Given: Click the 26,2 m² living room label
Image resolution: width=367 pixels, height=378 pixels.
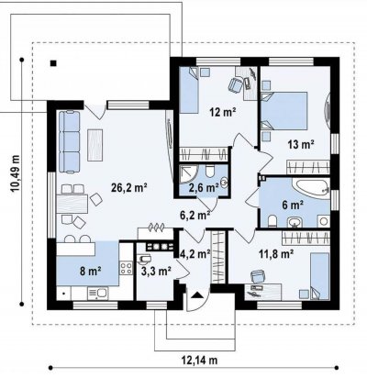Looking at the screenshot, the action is pyautogui.click(x=129, y=187).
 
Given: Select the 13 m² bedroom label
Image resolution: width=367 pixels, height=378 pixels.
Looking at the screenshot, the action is pyautogui.click(x=301, y=144).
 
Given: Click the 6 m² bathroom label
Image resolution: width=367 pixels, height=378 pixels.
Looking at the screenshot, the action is pyautogui.click(x=293, y=205).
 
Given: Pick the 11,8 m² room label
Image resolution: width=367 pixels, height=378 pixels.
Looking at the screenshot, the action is pyautogui.click(x=276, y=253).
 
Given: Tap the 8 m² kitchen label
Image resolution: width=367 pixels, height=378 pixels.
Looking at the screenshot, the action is pyautogui.click(x=91, y=271).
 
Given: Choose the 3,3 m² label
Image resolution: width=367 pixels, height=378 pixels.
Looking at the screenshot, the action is pyautogui.click(x=156, y=271).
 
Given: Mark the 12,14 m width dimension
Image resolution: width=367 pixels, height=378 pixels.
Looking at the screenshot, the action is pyautogui.click(x=199, y=361).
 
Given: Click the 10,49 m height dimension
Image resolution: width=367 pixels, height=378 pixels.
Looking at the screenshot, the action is pyautogui.click(x=16, y=173).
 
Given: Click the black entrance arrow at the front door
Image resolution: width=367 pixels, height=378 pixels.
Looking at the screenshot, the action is pyautogui.click(x=197, y=295).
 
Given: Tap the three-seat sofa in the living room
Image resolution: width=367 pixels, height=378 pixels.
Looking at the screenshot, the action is pyautogui.click(x=69, y=142).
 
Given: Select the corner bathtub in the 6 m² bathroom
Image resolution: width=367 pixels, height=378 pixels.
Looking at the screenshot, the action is pyautogui.click(x=311, y=189).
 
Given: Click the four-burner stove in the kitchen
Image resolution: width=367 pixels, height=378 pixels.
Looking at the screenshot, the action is pyautogui.click(x=126, y=268).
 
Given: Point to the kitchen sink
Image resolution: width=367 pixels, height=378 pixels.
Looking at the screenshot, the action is pyautogui.click(x=97, y=293).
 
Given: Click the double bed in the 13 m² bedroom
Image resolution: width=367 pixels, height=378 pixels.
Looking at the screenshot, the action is pyautogui.click(x=284, y=111).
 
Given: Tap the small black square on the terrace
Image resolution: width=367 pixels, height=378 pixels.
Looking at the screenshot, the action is pyautogui.click(x=53, y=63).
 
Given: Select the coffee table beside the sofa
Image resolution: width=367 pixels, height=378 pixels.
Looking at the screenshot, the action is pyautogui.click(x=95, y=145).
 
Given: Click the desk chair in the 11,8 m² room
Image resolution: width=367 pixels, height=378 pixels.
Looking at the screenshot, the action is pyautogui.click(x=258, y=276).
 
